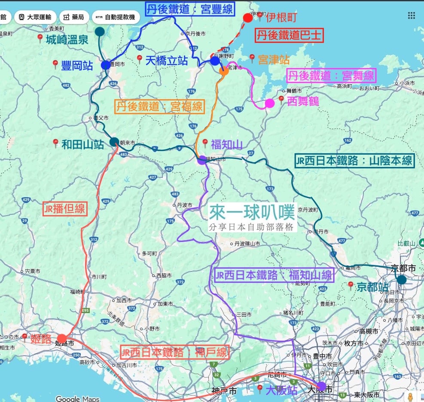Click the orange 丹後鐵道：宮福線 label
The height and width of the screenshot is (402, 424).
pos(159,106)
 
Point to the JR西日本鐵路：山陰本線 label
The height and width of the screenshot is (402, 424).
pos(354,161)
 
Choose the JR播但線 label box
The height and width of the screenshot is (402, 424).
pos(64,210)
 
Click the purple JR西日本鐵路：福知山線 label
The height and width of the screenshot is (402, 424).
pos(273,275)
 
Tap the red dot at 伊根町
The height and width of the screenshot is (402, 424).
pos(248,18)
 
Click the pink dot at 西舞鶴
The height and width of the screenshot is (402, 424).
pos(270,103)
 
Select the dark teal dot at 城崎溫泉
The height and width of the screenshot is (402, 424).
pos(100,31)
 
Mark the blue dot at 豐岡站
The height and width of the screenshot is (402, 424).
pos(106,65)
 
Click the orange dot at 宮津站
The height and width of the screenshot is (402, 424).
pos(224,71)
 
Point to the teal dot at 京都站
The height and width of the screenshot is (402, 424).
pos(402,280)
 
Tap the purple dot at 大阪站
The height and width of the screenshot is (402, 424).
pos(321,386)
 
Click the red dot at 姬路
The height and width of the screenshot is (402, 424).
pos(62,338)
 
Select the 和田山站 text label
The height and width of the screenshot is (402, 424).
pos(83,144)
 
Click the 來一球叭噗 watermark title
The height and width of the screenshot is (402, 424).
pos(252,212)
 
